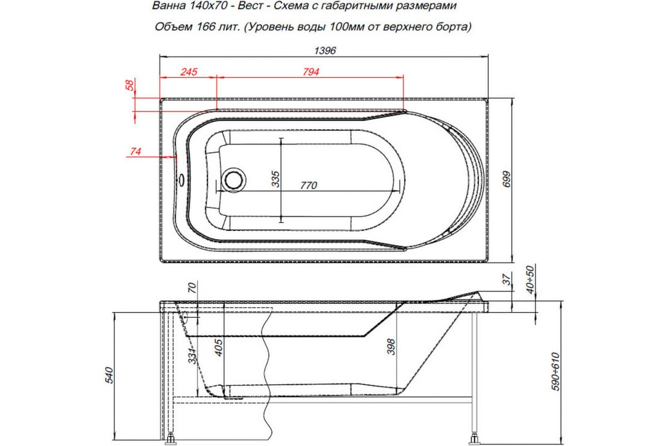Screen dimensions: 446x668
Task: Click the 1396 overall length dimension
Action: pos(326,50)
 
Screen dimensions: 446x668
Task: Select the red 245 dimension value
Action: pos(189,72)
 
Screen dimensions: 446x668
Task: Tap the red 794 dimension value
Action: pos(310,72)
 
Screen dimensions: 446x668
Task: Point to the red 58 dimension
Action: pos(130,86)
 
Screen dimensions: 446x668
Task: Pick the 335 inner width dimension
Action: pos(275,179)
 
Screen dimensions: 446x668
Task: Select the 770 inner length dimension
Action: pos(308,185)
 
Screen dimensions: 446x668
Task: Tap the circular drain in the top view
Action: pos(232,180)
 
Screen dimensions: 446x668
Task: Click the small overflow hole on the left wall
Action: pos(180,180)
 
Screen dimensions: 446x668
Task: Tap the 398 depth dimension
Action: pos(391,348)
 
